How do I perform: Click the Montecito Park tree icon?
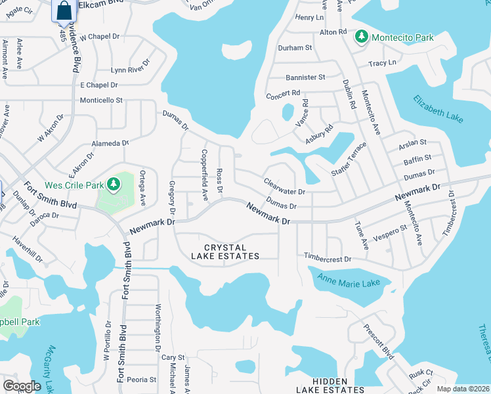pos(361,37)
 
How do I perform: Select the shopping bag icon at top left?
pos(64,11)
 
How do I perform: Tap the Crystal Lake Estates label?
pos(226,252)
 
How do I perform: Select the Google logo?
pos(22,386)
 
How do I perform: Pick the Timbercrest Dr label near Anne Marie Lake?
pos(328,259)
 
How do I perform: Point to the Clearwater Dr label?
pos(284,187)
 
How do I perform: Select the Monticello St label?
pos(101,100)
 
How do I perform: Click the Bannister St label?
pos(304,77)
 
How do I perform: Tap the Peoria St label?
pos(142,380)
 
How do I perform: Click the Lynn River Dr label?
pos(130,69)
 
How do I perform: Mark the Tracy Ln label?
pos(382,63)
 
